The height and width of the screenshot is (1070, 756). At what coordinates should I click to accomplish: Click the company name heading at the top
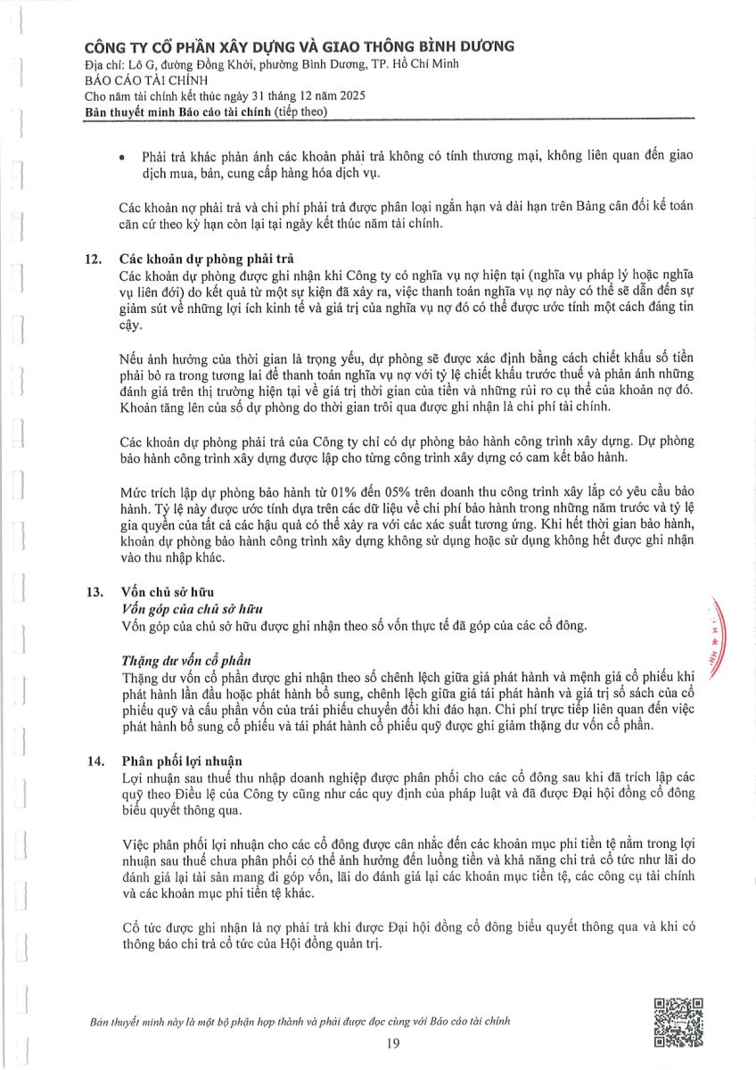[x=299, y=47]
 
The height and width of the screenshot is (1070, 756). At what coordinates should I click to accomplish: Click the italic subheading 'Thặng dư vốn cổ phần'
[x=185, y=662]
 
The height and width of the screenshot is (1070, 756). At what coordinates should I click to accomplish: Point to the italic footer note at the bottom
[x=301, y=1021]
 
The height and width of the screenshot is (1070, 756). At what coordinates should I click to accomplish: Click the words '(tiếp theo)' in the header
[x=302, y=111]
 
